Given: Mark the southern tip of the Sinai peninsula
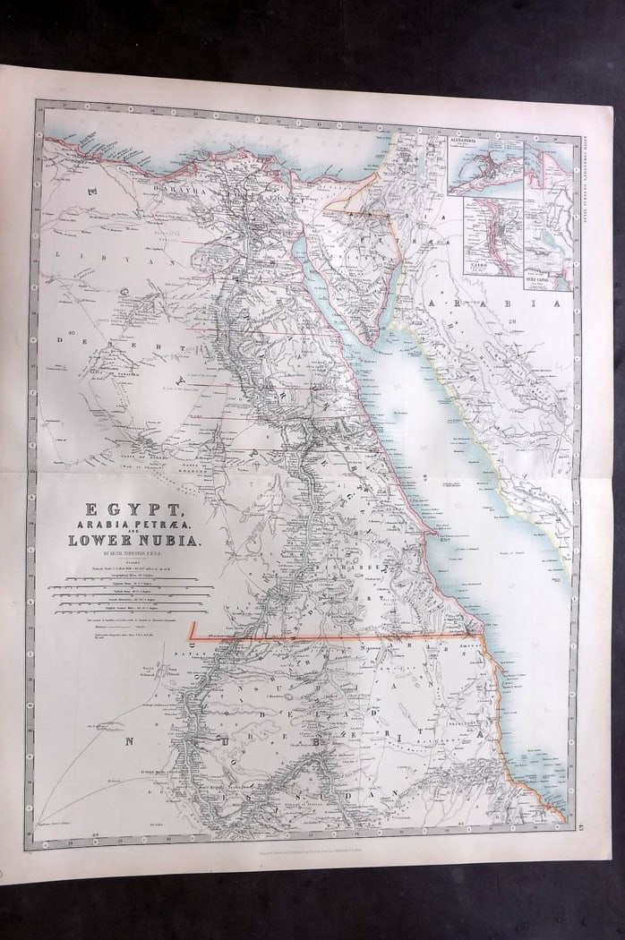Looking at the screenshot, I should [x=369, y=342].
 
